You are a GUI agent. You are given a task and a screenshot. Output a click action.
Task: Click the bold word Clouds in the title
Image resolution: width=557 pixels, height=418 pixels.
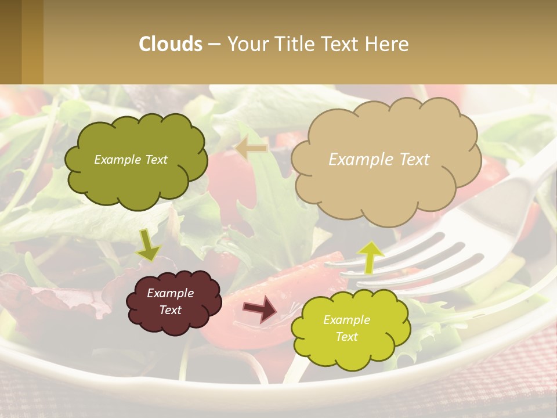pos(171,44)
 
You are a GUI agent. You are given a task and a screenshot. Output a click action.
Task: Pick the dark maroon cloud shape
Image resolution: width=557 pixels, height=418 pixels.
pos(174,322)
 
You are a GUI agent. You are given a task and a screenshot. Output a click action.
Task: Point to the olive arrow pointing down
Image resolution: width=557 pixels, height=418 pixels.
pos(148,246)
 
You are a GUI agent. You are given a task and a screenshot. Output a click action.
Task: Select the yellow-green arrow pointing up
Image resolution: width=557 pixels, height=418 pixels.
pos(370,257)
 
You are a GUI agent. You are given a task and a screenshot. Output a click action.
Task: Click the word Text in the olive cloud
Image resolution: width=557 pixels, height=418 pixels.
pos(155,160)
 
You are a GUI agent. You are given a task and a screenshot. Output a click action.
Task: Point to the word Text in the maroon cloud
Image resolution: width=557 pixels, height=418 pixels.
pos(171,310)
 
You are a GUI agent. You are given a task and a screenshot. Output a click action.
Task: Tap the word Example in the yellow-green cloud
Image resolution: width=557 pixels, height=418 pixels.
pos(346,320)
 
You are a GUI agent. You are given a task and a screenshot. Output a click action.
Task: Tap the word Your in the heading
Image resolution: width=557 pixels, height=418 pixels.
pos(246,44)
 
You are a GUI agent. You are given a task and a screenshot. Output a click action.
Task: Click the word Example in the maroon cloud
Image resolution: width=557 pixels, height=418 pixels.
pos(171,293)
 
